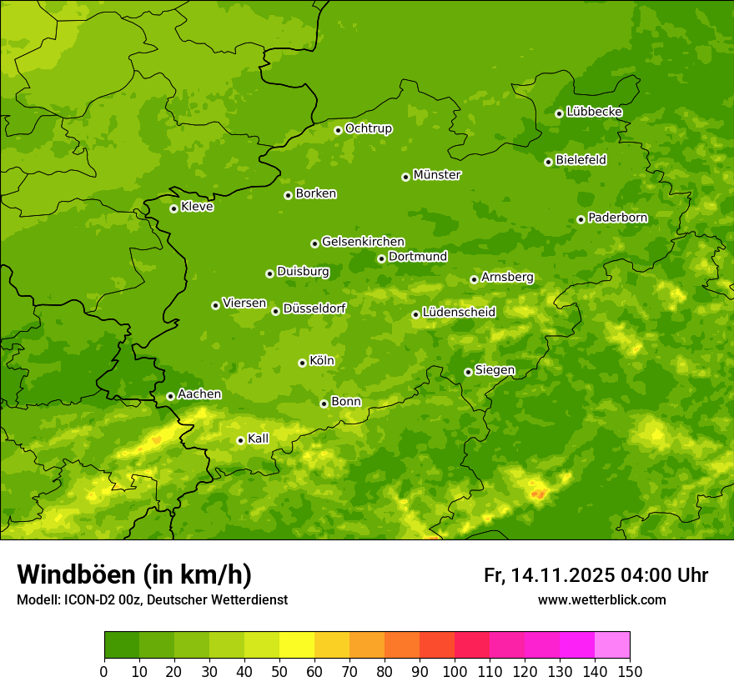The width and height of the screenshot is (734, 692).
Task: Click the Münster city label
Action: pos(437,175)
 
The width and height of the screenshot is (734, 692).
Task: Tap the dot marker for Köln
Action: pos(302,363)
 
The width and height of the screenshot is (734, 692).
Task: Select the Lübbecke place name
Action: pos(594,112)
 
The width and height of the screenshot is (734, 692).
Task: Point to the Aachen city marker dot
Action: pos(170,396)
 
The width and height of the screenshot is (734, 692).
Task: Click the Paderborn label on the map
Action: pos(617,218)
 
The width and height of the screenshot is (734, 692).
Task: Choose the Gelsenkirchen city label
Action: pos(363,242)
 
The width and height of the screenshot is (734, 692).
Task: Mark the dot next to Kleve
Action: pos(173,208)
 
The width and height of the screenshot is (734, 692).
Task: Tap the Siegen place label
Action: pos(495,370)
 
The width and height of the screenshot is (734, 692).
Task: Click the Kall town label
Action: pos(259,439)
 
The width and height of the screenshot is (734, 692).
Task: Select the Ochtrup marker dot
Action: pos(338,130)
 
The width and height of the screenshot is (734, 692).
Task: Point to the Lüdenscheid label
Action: pos(459,313)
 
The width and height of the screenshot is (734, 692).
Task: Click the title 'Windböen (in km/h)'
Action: pos(134,574)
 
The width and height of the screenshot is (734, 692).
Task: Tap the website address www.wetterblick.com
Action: pos(601,599)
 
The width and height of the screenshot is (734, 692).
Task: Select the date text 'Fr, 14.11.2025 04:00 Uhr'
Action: pos(596,575)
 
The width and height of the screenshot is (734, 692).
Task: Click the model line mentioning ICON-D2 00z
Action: pos(152,599)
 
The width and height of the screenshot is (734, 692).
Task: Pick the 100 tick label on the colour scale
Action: pos(455,671)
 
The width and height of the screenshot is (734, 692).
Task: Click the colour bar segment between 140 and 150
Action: pos(612,645)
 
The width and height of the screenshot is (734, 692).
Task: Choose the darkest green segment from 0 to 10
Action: pos(122,645)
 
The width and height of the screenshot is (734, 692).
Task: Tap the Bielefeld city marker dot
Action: pos(548,162)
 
